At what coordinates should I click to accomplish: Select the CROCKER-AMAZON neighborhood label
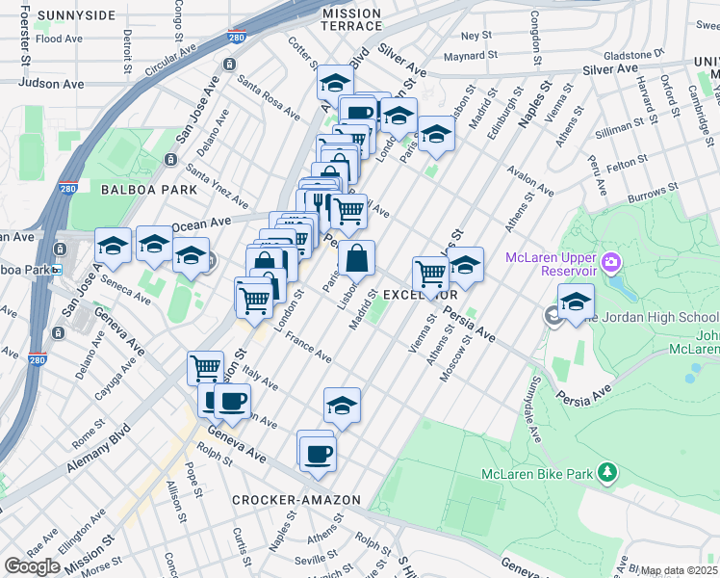(296, 500)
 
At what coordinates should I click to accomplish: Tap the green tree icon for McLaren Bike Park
(606, 472)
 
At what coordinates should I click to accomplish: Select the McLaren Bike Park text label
(536, 474)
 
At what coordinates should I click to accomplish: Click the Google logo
(32, 566)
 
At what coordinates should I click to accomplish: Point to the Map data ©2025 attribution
(679, 570)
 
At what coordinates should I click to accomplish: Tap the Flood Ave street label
(59, 39)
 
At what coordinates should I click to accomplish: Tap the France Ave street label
(309, 349)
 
